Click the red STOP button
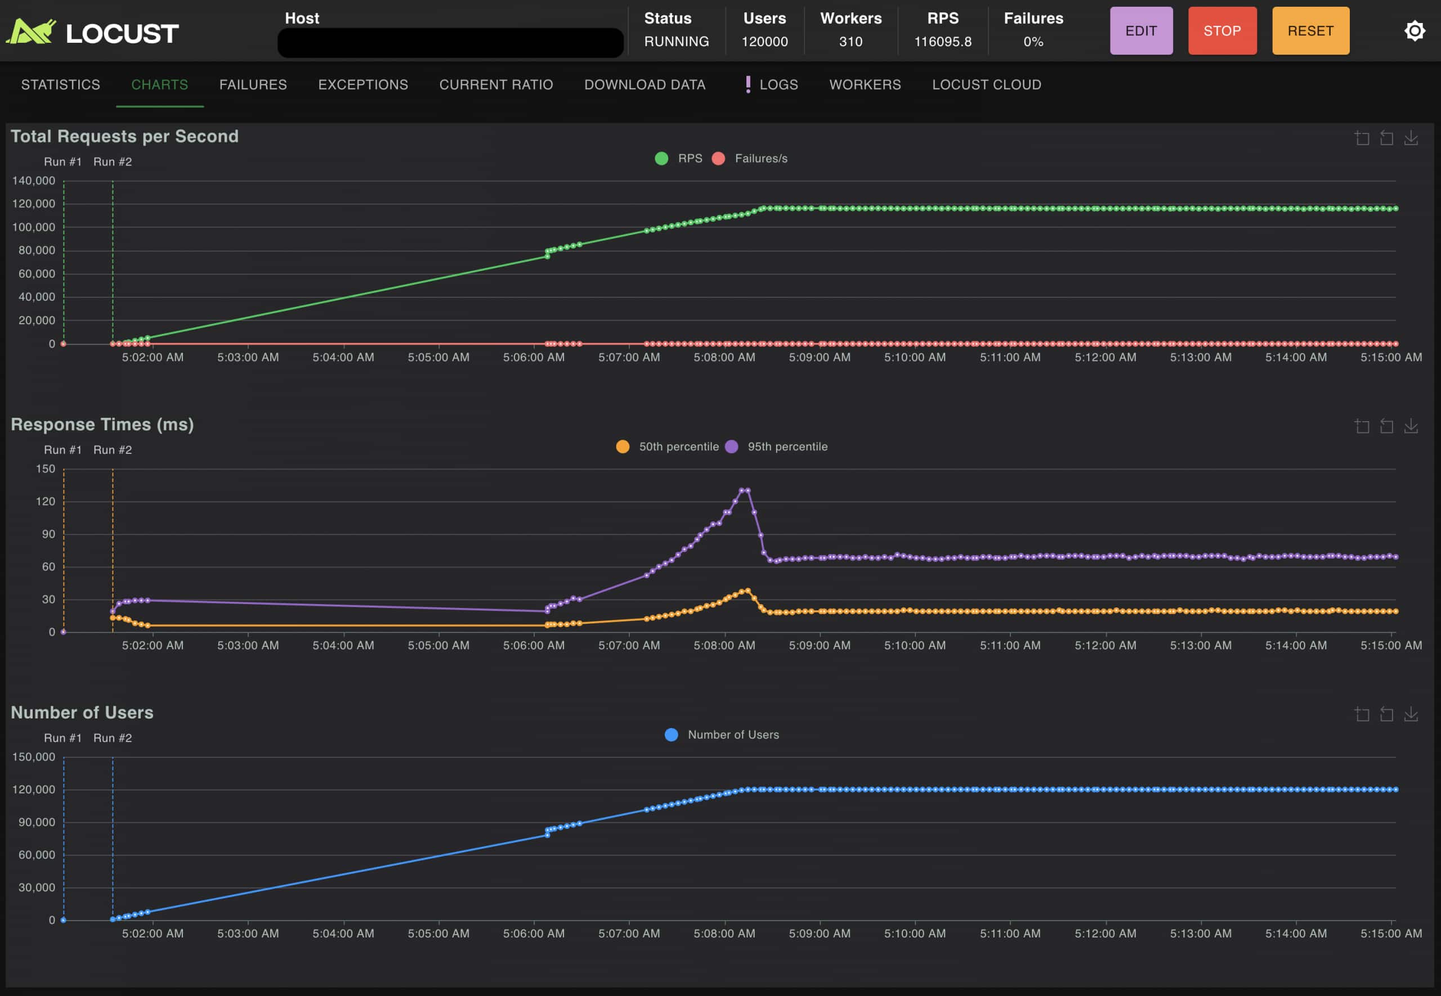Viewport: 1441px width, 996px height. click(x=1221, y=30)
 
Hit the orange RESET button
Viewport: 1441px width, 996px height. click(x=1310, y=30)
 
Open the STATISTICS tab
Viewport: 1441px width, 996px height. click(x=60, y=84)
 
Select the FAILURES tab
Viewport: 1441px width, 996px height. click(x=253, y=84)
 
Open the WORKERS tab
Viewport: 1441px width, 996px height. click(x=865, y=84)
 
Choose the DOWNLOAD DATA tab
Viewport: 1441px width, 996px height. click(x=645, y=84)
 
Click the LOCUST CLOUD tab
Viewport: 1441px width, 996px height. click(x=986, y=84)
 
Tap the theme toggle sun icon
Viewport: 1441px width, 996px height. click(x=1414, y=30)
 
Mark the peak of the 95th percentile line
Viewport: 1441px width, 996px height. click(x=744, y=490)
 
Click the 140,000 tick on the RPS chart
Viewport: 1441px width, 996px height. click(x=34, y=181)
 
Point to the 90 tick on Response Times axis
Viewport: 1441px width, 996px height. click(x=48, y=534)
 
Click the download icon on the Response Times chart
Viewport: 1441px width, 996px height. click(x=1411, y=426)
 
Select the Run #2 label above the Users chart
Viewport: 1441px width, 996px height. click(x=112, y=738)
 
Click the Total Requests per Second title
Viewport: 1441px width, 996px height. click(x=125, y=136)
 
